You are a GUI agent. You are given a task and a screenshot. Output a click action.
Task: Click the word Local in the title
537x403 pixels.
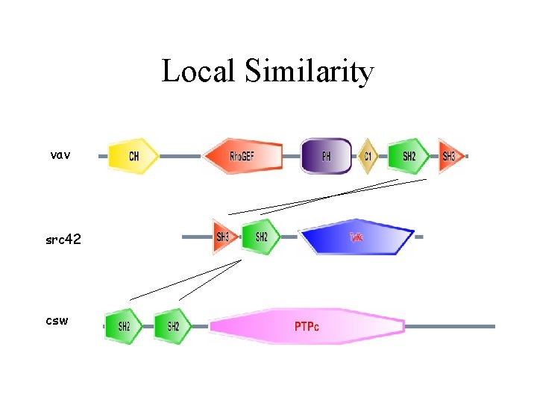[x=194, y=72]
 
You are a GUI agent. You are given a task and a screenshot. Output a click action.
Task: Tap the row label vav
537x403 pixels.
[x=60, y=155]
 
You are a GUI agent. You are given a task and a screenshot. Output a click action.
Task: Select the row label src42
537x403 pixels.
[x=63, y=240]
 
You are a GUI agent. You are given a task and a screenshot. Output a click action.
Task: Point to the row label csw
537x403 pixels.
[x=57, y=321]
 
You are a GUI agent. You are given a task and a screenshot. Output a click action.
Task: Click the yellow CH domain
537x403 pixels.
[x=134, y=156]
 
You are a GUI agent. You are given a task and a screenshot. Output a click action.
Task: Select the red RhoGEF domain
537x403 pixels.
[x=243, y=156]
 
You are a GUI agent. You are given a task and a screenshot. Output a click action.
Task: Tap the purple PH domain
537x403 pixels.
[x=326, y=156]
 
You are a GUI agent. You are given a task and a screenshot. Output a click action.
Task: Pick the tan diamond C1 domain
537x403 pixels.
[x=367, y=156]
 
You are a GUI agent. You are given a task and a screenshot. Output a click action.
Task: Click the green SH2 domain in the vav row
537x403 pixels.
[x=407, y=156]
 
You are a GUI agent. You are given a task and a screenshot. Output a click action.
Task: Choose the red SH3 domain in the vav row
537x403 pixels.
[x=450, y=156]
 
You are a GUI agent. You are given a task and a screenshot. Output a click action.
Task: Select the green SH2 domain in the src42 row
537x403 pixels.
[x=261, y=237]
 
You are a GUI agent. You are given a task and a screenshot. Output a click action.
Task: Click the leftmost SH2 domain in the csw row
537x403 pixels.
[x=123, y=326]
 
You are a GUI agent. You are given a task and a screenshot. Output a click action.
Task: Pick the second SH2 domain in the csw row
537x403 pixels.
[x=172, y=326]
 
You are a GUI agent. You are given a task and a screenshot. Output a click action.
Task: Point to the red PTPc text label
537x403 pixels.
[x=307, y=327]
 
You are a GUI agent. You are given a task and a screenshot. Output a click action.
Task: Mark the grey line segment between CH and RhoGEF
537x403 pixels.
[x=180, y=157]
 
